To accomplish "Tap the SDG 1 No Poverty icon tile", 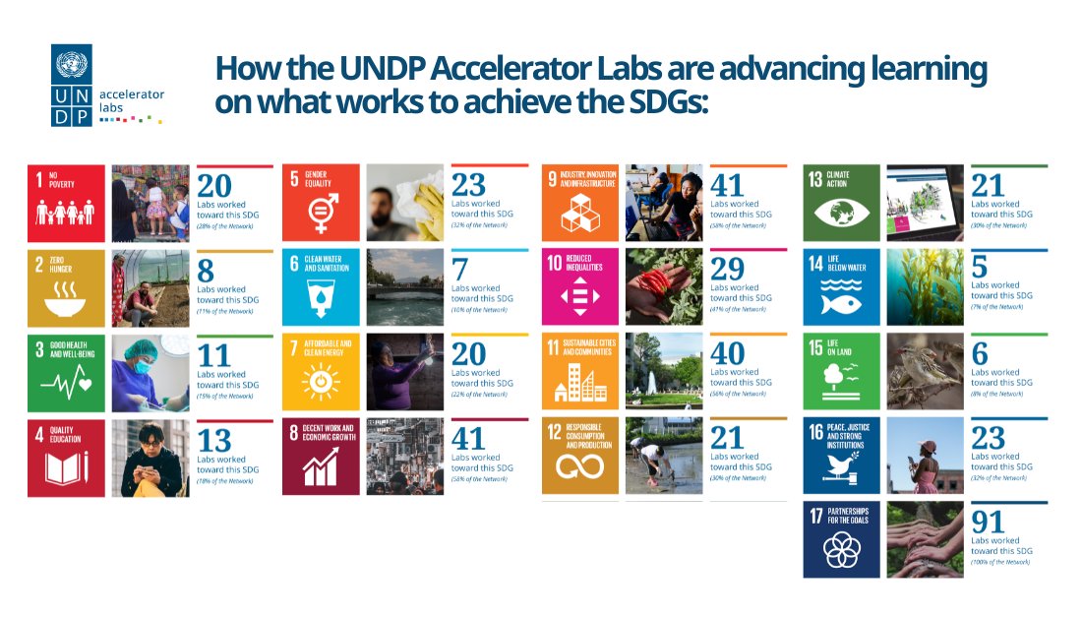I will [66, 203].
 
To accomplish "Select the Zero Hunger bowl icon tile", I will [66, 287].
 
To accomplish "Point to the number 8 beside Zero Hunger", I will [206, 271].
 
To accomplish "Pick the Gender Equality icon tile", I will [320, 203].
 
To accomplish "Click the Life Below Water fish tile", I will [841, 286].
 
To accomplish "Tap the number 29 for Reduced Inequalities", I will [728, 269].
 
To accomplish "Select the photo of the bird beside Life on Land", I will [925, 371].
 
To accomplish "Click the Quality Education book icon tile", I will [66, 458].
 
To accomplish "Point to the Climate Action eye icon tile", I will [841, 203].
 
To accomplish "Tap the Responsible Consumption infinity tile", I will [580, 456].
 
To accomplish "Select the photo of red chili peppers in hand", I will [664, 286].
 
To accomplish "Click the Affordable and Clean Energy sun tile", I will [320, 372].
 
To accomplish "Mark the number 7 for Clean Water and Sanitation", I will [458, 269].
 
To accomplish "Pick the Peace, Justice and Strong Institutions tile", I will [841, 456].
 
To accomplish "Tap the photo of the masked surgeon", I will [150, 372].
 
